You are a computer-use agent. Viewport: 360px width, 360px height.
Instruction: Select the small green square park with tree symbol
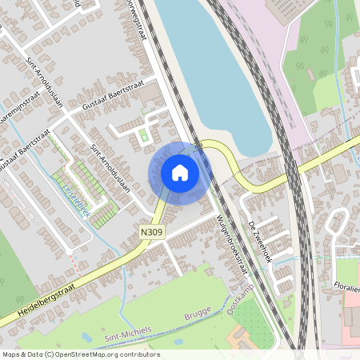point(145,136)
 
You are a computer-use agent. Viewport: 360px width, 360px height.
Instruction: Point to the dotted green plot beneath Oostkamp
point(247,317)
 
